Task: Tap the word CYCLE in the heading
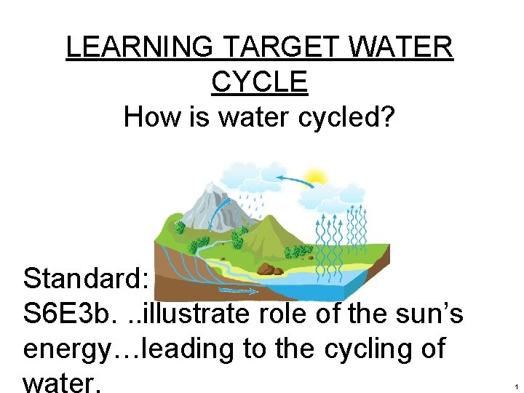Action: click(260, 82)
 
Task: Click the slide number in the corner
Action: click(515, 386)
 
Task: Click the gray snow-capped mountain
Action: click(205, 204)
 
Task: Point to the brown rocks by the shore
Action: click(270, 269)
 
